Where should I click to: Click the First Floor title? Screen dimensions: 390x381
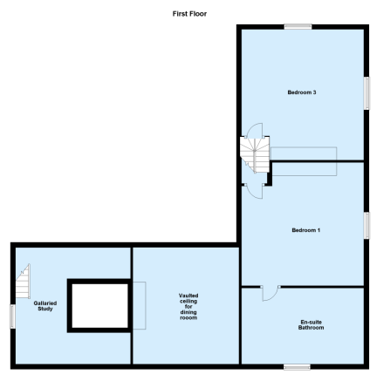189,14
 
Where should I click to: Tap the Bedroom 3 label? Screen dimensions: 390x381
302,92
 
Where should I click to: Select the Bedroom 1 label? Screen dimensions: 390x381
305,230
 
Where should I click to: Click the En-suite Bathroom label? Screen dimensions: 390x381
311,325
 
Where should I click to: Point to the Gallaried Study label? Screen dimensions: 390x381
45,306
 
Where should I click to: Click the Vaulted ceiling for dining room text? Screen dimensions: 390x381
188,307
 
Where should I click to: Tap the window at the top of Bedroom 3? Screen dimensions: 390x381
298,27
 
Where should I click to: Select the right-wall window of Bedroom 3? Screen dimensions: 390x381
367,93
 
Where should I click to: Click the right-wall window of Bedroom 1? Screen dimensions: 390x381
367,226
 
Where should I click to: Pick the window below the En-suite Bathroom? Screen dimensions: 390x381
297,367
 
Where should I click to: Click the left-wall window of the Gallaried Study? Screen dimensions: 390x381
13,316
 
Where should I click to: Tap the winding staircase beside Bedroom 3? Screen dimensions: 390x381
255,154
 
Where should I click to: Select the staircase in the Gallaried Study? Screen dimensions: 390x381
23,281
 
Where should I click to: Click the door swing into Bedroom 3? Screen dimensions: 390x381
255,130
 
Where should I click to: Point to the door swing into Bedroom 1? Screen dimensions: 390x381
254,191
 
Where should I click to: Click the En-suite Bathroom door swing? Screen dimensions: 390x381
270,294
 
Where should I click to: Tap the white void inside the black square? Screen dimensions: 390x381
99,306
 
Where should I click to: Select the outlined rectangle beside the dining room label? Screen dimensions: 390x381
140,305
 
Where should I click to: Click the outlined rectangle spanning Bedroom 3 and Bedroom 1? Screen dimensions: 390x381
304,161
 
